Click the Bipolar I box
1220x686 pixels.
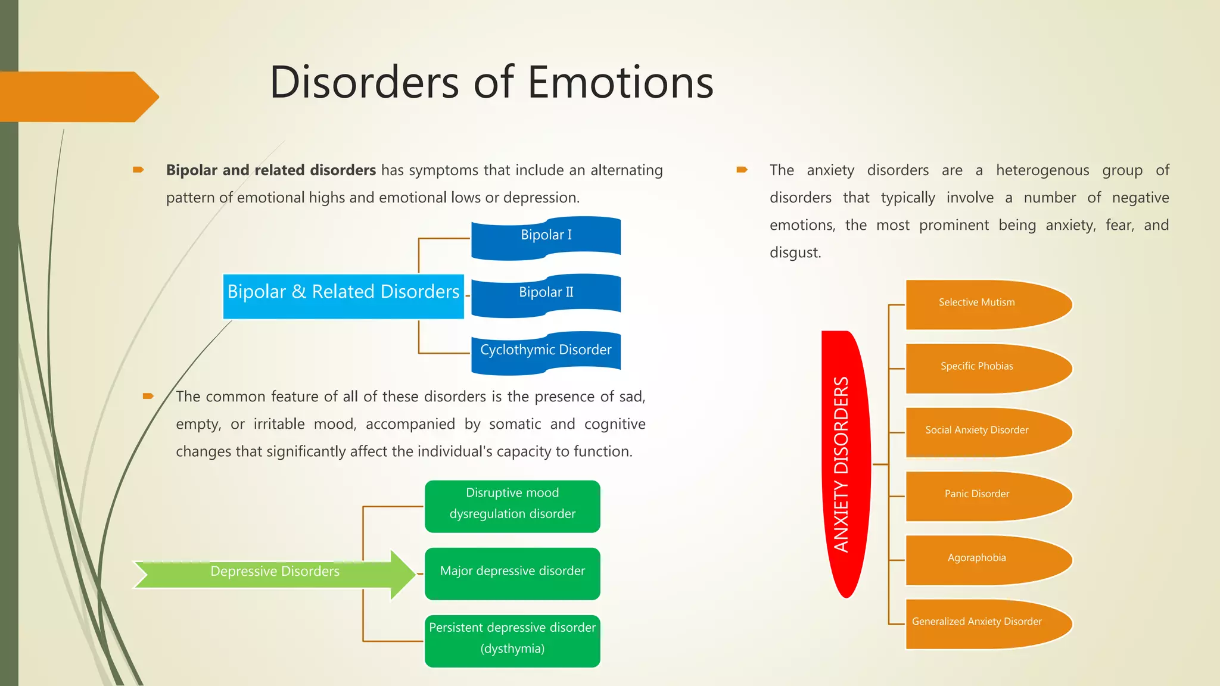[x=546, y=237]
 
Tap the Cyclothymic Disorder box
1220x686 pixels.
[x=546, y=351]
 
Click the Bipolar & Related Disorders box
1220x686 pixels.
[x=343, y=296]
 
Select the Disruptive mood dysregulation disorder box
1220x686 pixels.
[x=512, y=506]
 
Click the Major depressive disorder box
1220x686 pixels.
[x=512, y=573]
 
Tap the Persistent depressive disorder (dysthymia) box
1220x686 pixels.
[x=512, y=640]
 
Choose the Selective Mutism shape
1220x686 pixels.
[x=983, y=304]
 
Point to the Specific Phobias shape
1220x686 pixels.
[x=983, y=368]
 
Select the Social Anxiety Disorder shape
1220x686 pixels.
[x=983, y=432]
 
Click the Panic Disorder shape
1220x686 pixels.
[x=983, y=495]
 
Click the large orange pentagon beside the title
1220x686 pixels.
[x=74, y=96]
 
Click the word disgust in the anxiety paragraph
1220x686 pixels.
[x=795, y=252]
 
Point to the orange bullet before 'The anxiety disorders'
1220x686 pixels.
[x=742, y=170]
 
